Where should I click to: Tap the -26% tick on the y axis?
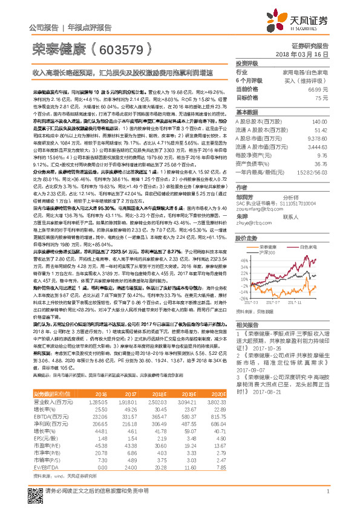pos(243,298)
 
